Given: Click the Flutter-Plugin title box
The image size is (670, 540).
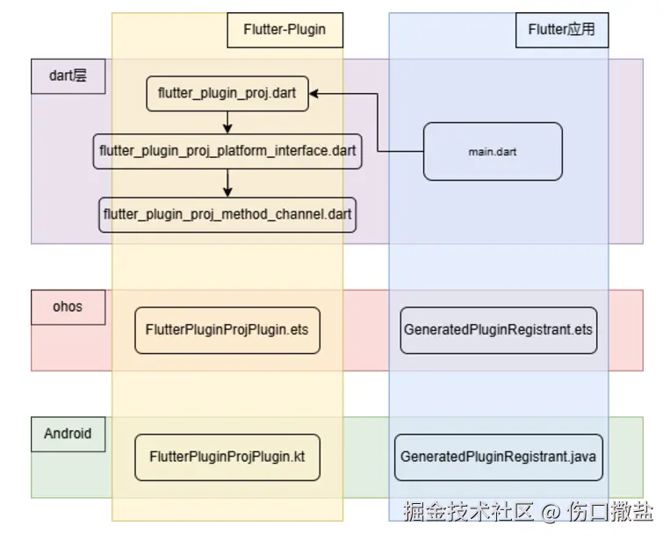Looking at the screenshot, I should pos(285,30).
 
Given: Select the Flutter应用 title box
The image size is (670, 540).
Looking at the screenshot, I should pos(561,30).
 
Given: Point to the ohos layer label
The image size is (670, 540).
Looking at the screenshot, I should pos(68,307).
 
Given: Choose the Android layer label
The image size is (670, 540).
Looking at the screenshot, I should pos(68,434).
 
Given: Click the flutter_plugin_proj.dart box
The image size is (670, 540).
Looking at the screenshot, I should pos(227,93).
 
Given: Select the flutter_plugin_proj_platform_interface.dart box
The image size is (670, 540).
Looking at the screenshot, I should pos(227,151).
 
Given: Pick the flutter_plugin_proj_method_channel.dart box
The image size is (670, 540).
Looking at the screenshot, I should pos(227,214).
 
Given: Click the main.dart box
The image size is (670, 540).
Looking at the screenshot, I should pos(492,152).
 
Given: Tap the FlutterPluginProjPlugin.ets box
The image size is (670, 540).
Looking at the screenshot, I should pos(227,330).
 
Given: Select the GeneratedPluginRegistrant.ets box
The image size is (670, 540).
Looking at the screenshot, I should pos(498,330).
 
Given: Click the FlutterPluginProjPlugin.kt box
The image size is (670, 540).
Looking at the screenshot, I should pos(227,457).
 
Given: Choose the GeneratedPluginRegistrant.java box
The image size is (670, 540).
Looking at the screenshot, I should pos(499,457).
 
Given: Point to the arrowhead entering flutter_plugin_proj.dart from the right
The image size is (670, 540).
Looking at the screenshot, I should pos(314,93).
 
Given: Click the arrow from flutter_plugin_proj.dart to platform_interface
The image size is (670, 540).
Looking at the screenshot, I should pos(227,122).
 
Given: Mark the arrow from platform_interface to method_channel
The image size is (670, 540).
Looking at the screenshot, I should pos(227,183).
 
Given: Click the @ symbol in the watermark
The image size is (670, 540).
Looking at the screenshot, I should pos(550,511).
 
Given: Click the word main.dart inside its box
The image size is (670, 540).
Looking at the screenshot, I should pos(492,152).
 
